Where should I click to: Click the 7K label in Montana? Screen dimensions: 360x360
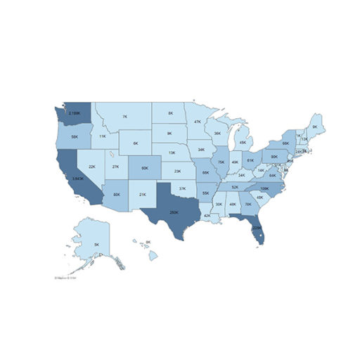click(x=124, y=117)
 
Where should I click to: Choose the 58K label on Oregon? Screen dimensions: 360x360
click(x=74, y=138)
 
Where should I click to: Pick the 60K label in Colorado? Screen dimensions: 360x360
click(x=144, y=169)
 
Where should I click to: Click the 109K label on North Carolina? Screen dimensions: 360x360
click(x=264, y=188)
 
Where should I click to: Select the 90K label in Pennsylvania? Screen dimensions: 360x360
click(x=274, y=157)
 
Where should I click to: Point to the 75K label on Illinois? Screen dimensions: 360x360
click(x=221, y=162)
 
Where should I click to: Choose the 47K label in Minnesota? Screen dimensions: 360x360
click(x=198, y=122)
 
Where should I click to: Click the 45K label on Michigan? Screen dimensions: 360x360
click(x=243, y=143)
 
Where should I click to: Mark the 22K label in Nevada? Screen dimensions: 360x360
click(x=91, y=167)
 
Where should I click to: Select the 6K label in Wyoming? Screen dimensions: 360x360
click(x=135, y=143)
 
